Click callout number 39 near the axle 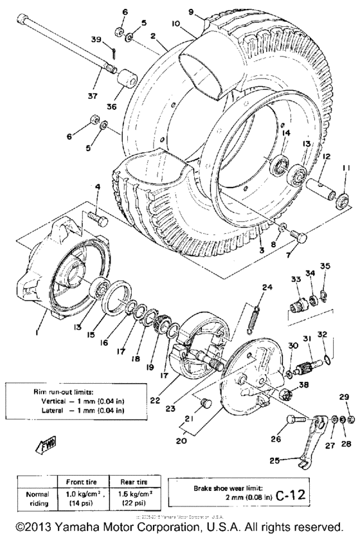96,40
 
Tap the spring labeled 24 256,310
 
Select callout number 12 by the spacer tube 327,156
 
